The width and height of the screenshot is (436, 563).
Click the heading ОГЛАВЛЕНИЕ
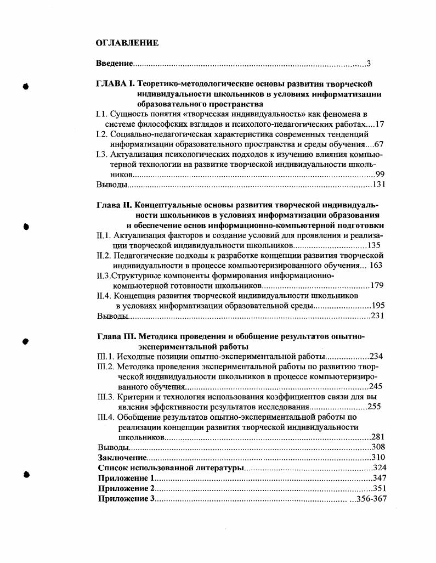point(127,43)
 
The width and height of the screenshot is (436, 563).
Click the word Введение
point(115,64)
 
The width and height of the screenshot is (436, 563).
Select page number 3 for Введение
point(369,64)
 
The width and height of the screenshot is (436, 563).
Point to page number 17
point(379,124)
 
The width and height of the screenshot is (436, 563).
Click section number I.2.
point(101,134)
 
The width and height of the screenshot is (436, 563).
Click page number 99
point(379,174)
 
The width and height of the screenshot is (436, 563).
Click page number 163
point(376,265)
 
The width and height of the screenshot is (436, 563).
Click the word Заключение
point(122,457)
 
